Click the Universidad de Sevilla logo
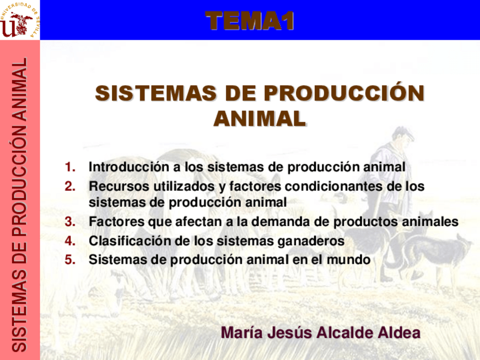(x=20, y=20)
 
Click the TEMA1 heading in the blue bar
(x=250, y=22)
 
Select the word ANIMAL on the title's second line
(x=260, y=118)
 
